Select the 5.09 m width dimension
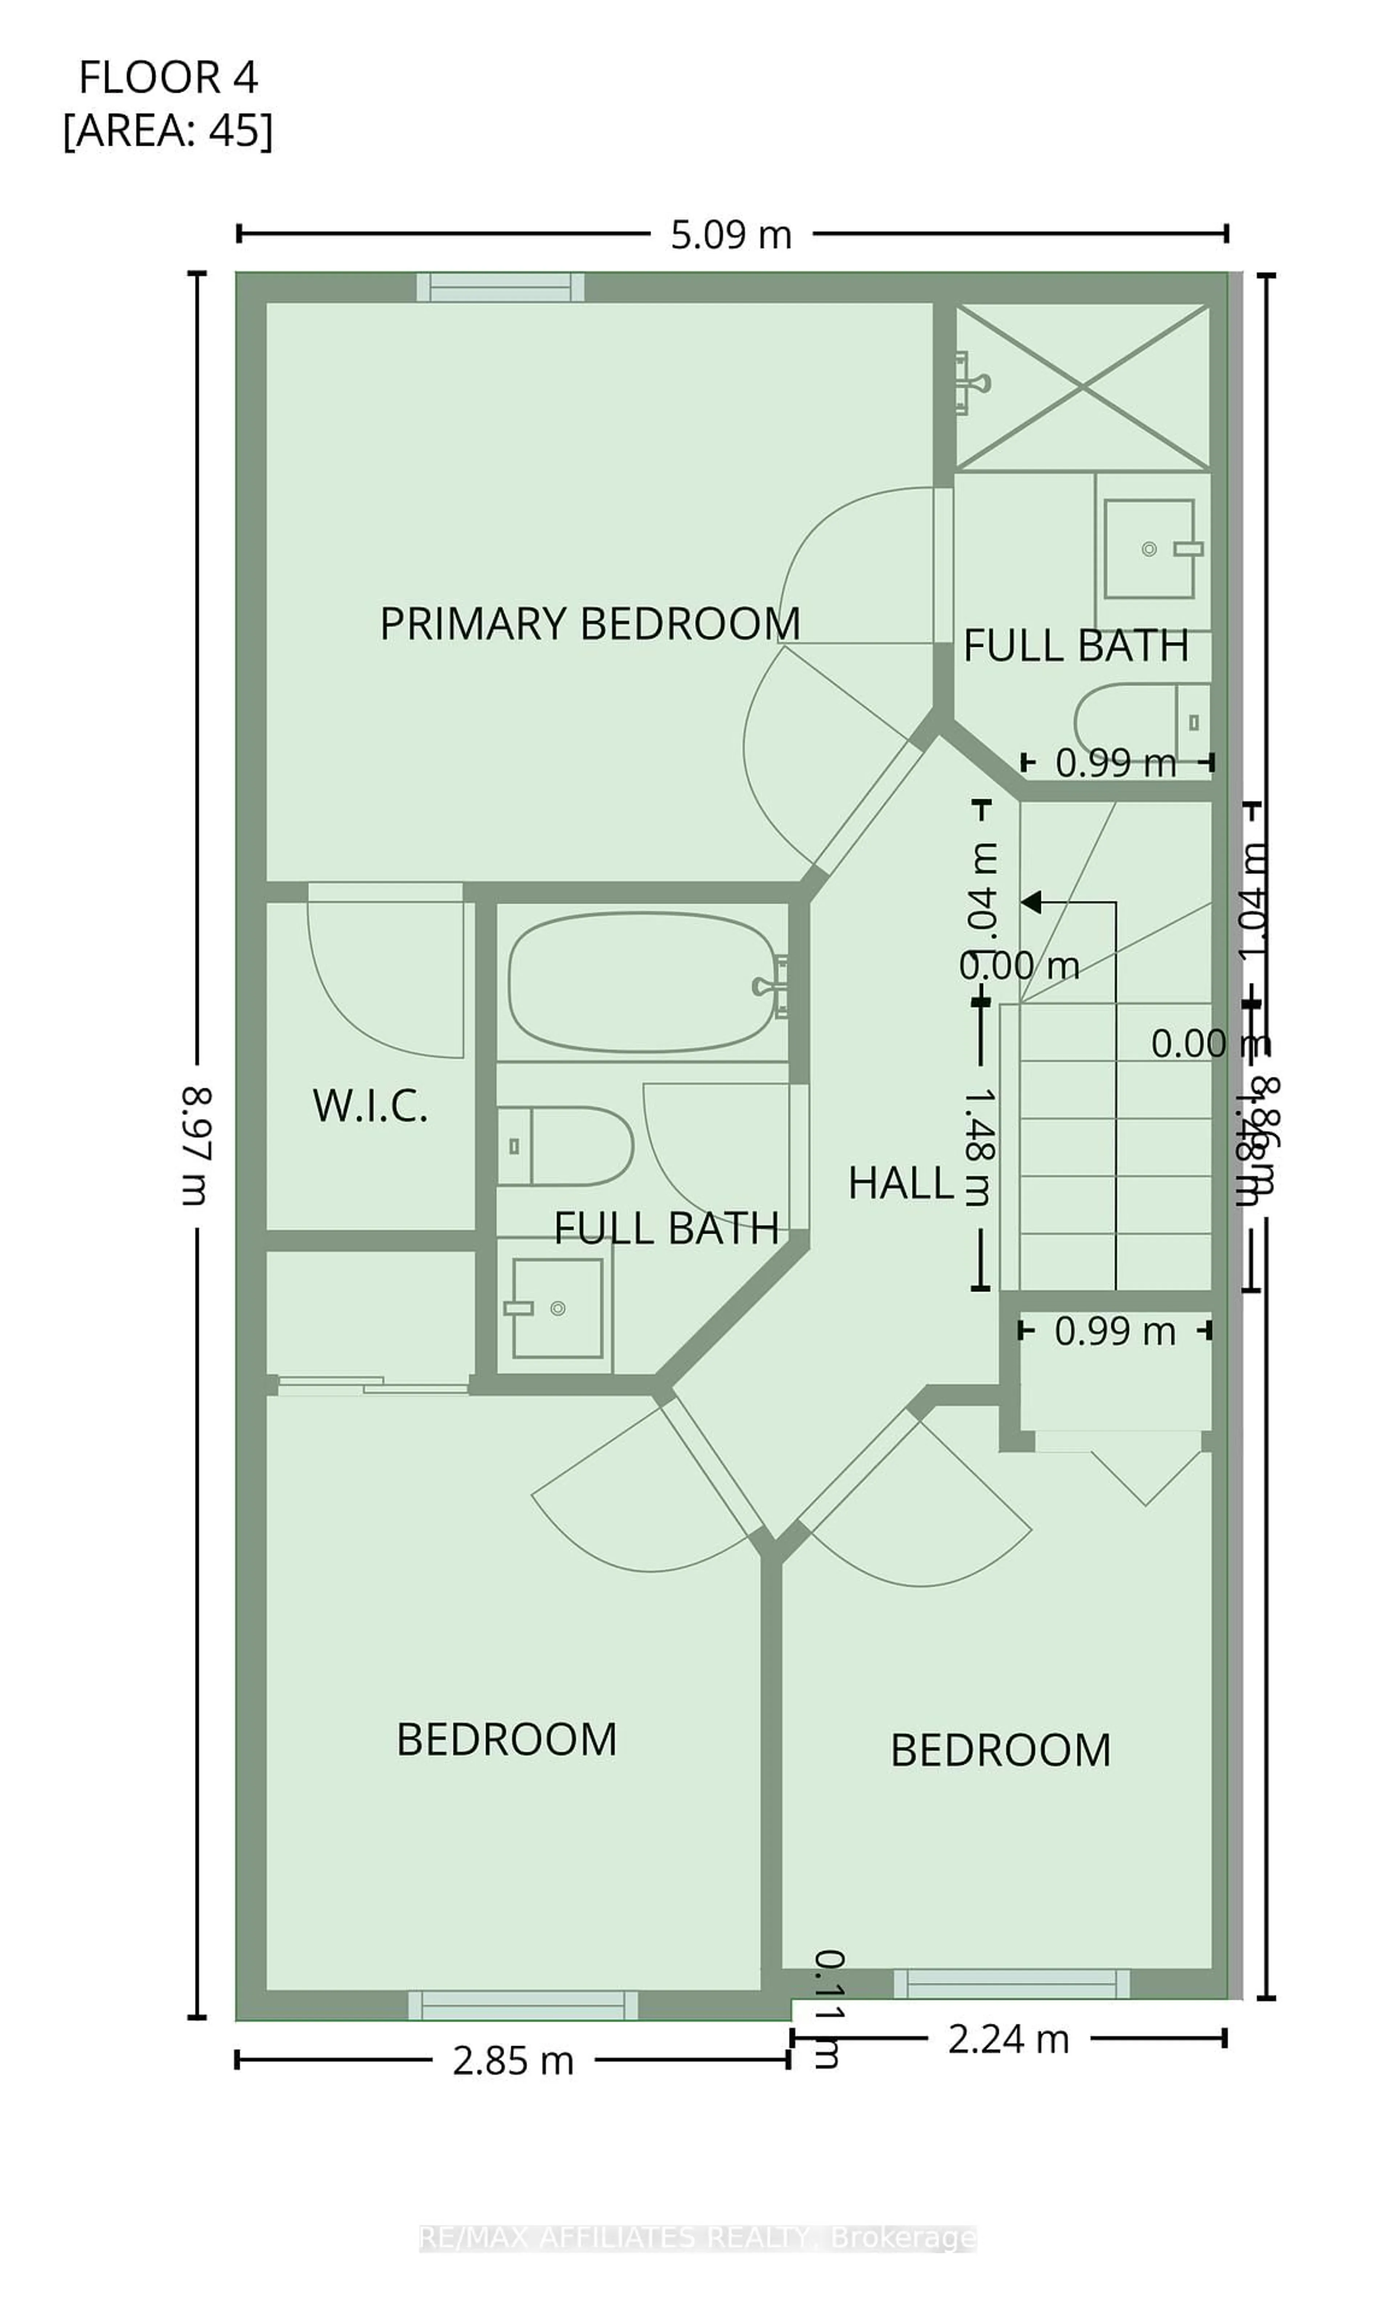[x=730, y=235]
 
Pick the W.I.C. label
[x=370, y=1106]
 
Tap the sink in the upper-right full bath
[x=1149, y=549]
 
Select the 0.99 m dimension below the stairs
[x=1114, y=1331]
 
